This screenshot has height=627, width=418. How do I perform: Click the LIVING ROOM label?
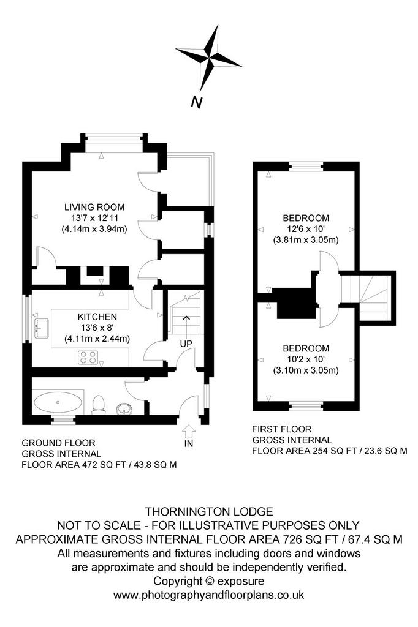tap(94, 207)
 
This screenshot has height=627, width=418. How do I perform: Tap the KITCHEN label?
tap(97, 317)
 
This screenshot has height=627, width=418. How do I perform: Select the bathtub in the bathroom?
tap(58, 402)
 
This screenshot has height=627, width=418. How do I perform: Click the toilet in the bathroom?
tap(99, 404)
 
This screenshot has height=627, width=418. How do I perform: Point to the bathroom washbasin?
tap(124, 409)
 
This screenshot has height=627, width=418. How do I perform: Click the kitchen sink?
tap(41, 328)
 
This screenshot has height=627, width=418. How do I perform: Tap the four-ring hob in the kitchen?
tap(88, 358)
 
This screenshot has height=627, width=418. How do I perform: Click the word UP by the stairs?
tap(186, 344)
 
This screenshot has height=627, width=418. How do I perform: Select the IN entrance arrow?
tap(189, 432)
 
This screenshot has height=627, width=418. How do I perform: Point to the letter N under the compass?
tap(196, 102)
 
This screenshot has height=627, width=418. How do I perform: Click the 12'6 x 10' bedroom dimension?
tap(306, 230)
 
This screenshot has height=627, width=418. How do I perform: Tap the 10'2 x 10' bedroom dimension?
tap(306, 359)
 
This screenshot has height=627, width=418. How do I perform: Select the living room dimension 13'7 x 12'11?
tap(94, 219)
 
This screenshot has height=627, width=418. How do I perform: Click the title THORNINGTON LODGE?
tap(209, 511)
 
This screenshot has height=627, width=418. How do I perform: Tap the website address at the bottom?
tap(208, 595)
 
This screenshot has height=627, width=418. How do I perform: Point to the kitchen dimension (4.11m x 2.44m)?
tap(97, 339)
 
